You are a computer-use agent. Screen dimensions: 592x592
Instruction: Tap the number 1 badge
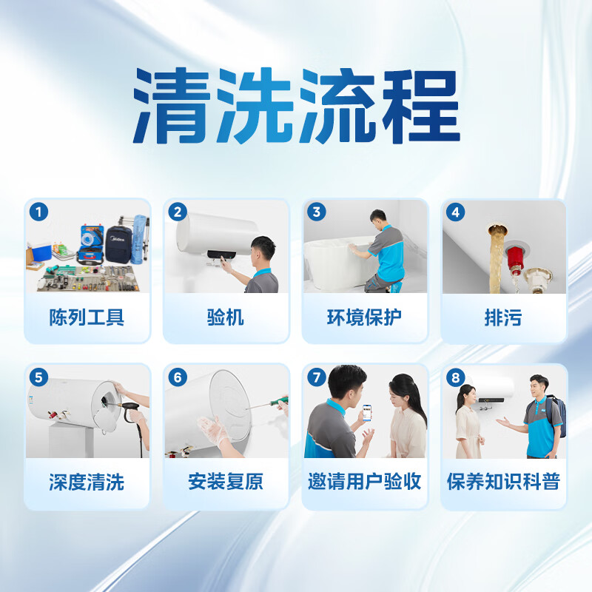click(38, 212)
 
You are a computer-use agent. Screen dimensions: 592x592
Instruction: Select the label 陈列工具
click(87, 318)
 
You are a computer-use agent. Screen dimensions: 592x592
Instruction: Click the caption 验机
click(226, 318)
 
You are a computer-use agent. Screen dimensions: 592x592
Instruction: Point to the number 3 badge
click(317, 212)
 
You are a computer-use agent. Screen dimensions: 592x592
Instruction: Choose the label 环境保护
click(365, 318)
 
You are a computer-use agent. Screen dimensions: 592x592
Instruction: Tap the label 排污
click(503, 318)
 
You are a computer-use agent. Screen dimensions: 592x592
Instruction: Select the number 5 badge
click(38, 377)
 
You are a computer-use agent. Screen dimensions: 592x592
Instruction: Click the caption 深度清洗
click(87, 482)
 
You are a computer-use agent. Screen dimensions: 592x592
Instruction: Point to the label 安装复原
click(226, 482)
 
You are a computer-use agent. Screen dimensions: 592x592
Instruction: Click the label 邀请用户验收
click(365, 482)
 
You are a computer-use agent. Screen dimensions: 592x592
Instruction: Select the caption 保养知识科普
click(503, 482)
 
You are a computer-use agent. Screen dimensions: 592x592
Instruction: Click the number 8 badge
click(456, 377)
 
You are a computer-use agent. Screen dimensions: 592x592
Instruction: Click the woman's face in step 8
click(468, 394)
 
